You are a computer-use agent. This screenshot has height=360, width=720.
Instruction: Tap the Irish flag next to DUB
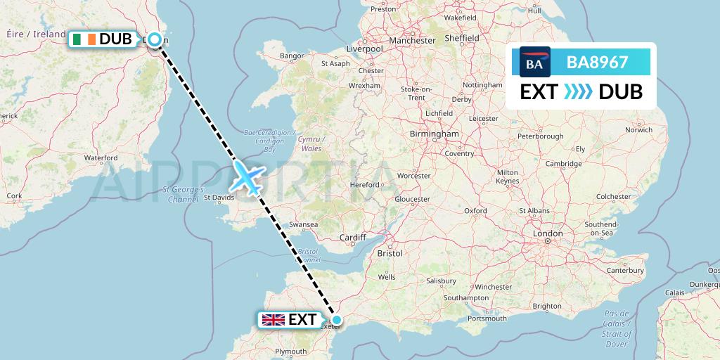82,39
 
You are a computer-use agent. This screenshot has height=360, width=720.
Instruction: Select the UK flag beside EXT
274,320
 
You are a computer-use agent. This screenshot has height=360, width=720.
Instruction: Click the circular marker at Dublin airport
154,39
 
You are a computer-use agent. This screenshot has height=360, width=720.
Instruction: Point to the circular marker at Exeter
337,320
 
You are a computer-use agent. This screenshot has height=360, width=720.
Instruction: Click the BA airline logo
534,62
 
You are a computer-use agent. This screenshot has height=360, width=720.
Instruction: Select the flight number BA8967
597,63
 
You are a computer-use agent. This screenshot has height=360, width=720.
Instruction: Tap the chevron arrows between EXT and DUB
578,91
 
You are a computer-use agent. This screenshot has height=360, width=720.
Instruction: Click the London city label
548,233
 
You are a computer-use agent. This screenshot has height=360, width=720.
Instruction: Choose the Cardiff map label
353,238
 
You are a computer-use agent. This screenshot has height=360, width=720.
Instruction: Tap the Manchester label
412,41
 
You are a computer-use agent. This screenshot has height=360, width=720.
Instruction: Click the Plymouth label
291,351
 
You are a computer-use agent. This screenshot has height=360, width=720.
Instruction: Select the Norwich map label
638,130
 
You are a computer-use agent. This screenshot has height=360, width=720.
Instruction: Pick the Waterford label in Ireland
101,158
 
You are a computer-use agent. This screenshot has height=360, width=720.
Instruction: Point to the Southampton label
466,298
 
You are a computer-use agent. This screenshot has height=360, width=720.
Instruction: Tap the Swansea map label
304,224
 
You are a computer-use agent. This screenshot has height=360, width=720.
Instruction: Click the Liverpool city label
364,49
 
